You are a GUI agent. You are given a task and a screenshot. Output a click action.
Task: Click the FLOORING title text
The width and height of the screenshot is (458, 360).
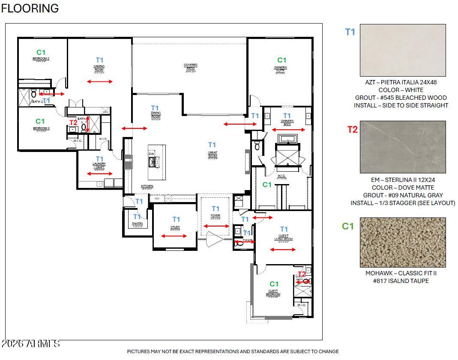30,8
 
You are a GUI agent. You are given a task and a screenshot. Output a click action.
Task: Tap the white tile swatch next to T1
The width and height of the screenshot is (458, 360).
402,50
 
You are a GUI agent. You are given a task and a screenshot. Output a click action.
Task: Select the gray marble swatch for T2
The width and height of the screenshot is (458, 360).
402,147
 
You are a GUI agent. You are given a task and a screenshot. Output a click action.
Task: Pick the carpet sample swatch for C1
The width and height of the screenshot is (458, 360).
402,242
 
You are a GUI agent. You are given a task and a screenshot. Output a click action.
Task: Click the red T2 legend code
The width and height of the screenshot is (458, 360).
352,130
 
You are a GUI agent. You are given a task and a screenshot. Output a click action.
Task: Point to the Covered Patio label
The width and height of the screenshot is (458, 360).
191,68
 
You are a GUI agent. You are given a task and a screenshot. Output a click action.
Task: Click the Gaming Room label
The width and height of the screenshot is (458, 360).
99,68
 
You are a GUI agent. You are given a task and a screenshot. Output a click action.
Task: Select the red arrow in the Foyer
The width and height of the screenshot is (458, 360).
216,226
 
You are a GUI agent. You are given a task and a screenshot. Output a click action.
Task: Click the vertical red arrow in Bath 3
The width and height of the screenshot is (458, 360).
87,124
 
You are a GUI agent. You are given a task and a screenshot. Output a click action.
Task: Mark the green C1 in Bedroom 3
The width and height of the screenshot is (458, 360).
40,122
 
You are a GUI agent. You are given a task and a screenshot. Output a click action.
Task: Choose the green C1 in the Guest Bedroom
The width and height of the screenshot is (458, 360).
274,284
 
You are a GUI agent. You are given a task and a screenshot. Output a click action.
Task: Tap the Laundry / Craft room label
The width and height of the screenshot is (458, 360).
99,165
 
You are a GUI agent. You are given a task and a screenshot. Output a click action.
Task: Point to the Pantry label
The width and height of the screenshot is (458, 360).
137,224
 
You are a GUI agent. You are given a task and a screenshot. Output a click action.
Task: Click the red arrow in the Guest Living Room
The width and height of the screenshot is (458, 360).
283,250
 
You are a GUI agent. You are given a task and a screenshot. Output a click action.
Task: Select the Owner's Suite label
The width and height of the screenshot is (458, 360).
281,69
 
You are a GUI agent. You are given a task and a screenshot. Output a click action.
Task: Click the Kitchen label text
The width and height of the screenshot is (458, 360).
147,186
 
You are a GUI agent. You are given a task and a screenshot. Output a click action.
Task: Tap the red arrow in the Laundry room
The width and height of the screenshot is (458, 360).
100,173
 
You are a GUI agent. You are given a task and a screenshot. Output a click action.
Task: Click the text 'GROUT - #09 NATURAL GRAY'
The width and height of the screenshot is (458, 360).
403,195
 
